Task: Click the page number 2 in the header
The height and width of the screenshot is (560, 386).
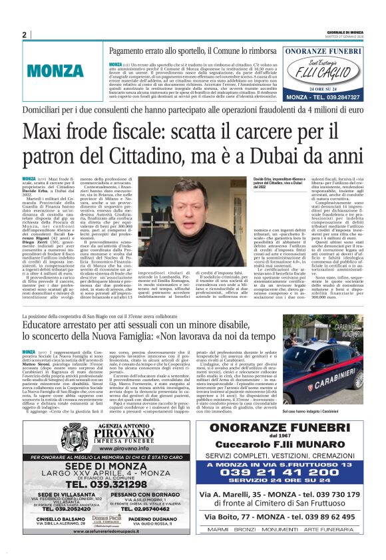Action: (x=24, y=35)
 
